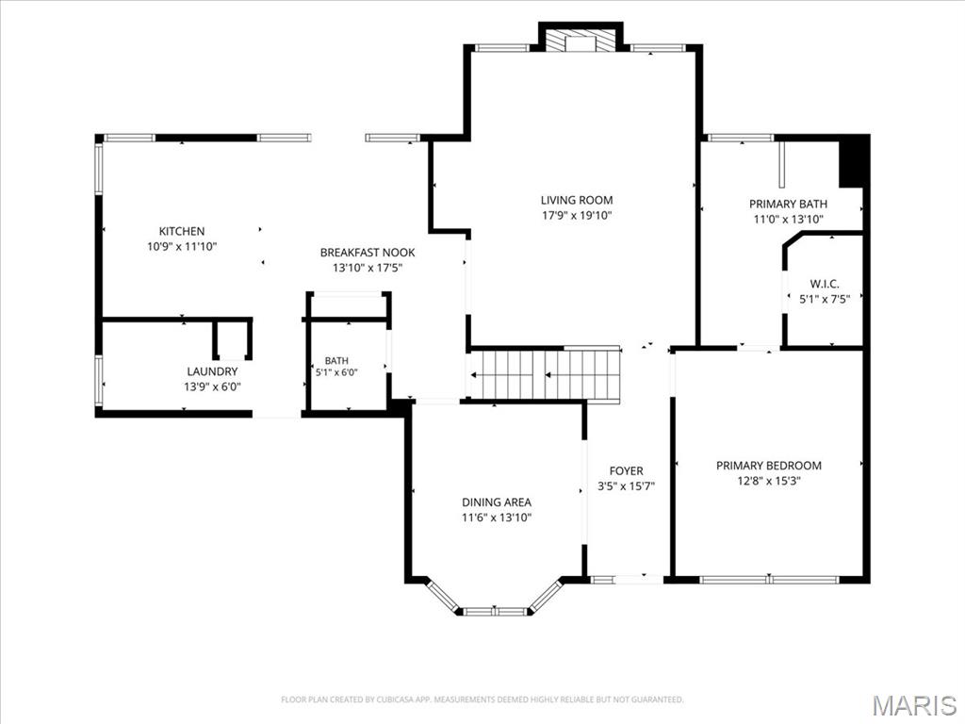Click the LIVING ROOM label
(577, 200)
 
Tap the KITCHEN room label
(182, 232)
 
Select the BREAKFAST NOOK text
(368, 253)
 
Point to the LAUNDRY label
(212, 371)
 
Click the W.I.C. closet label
(824, 284)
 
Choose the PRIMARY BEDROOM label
(769, 466)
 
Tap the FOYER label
(626, 471)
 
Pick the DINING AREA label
(497, 502)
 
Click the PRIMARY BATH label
(788, 204)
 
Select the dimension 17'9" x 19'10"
(577, 216)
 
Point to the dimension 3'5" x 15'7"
(626, 486)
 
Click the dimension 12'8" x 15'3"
(769, 481)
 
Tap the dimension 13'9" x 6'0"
(212, 387)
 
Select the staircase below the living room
(544, 374)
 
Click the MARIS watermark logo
(914, 705)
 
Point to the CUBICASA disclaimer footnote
(482, 699)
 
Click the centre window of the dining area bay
(496, 611)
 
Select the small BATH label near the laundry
(336, 361)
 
